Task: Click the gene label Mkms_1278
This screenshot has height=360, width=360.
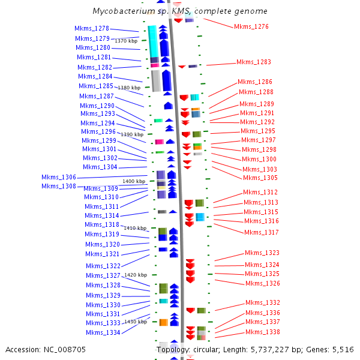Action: coord(92,29)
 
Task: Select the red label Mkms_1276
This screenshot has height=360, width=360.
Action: coord(251,26)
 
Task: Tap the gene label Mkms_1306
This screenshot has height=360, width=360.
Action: coord(59,178)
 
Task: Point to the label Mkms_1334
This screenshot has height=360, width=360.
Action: coord(103,332)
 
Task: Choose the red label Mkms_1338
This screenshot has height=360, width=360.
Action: coord(262,332)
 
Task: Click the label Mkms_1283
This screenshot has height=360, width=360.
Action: coord(253,62)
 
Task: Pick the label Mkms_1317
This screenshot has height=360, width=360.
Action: coord(261,232)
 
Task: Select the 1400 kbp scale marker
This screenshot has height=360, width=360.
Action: coord(134,181)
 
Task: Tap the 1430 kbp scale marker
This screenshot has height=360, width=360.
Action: coord(135,322)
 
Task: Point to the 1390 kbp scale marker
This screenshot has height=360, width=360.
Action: coord(132,135)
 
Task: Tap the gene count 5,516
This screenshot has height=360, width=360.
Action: coord(343,349)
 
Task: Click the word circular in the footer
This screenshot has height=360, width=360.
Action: coord(209,349)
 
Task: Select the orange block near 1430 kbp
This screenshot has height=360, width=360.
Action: coord(163,323)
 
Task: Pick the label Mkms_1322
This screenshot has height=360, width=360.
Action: coord(103,266)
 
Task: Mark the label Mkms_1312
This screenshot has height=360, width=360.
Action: coord(260,192)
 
